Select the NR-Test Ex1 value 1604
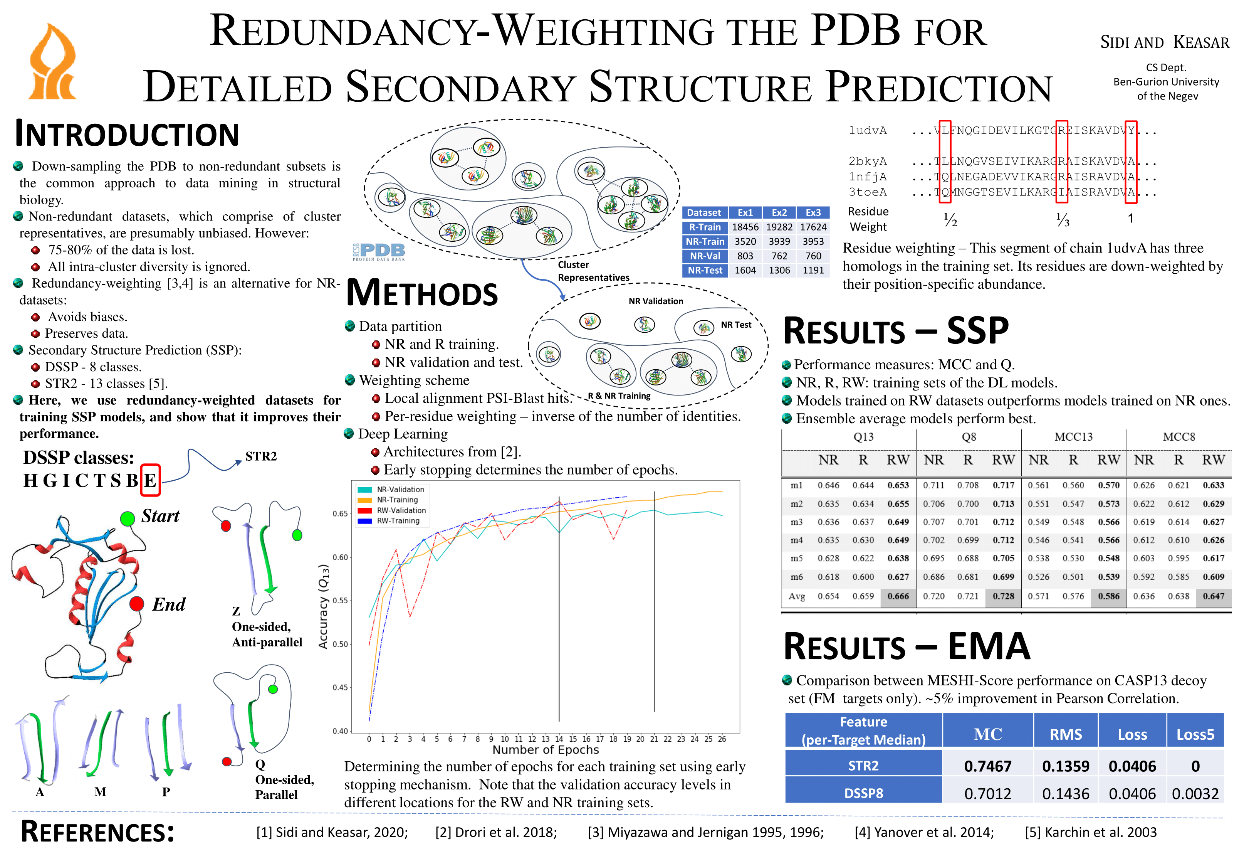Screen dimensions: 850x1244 click(x=745, y=271)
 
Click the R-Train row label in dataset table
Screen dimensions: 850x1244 click(x=704, y=227)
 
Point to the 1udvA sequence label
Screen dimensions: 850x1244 click(x=867, y=131)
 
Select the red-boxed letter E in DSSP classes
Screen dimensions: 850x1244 click(x=150, y=480)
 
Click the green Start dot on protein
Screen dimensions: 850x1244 click(x=128, y=518)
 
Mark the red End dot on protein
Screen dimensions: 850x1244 click(x=136, y=604)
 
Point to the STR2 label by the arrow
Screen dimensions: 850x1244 click(x=261, y=456)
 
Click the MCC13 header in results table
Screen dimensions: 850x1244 click(x=1073, y=437)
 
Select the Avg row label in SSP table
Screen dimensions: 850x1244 click(x=796, y=596)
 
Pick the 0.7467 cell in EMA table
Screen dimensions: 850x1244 click(x=987, y=766)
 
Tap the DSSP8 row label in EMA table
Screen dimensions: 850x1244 click(x=863, y=793)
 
